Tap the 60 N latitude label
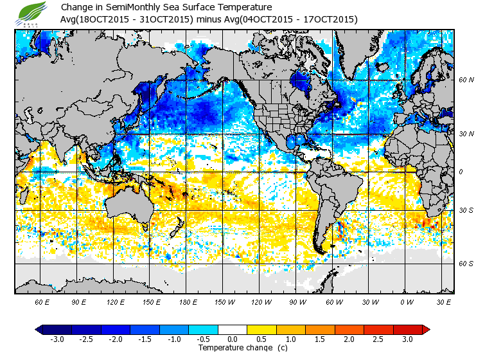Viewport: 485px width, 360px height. pyautogui.click(x=466, y=80)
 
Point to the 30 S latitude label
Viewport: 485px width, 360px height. pyautogui.click(x=466, y=211)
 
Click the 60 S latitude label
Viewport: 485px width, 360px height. pyautogui.click(x=466, y=264)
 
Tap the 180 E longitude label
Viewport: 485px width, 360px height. pyautogui.click(x=188, y=301)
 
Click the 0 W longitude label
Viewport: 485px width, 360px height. pyautogui.click(x=407, y=301)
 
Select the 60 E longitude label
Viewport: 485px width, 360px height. pyautogui.click(x=42, y=301)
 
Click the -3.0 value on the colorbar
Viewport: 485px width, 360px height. pyautogui.click(x=57, y=339)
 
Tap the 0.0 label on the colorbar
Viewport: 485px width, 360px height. pyautogui.click(x=233, y=339)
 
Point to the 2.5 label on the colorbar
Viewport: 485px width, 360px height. pyautogui.click(x=378, y=339)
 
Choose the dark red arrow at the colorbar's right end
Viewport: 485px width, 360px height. pyautogui.click(x=425, y=329)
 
